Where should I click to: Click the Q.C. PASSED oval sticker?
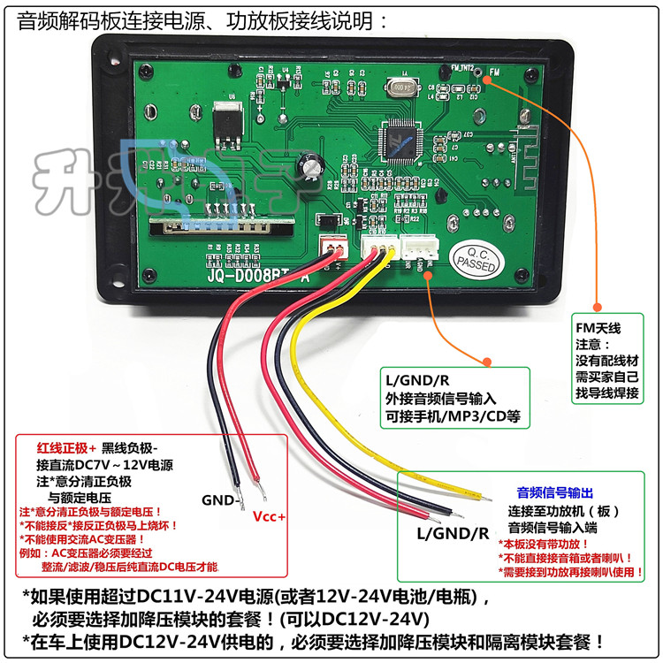[x=477, y=257]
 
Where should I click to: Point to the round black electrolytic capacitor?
[x=310, y=165]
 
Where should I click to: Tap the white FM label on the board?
[x=493, y=72]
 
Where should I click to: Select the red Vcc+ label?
[x=270, y=517]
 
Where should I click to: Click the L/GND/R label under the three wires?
[x=453, y=533]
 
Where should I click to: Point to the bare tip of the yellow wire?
[x=483, y=498]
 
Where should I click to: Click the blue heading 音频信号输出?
[x=555, y=492]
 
